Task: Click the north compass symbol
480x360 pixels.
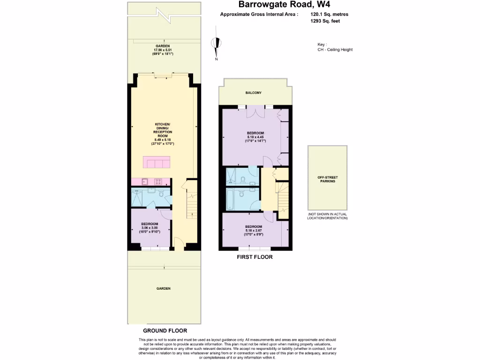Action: click(x=216, y=45)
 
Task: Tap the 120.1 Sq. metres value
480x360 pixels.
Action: click(x=329, y=15)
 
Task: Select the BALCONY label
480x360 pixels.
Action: click(x=254, y=93)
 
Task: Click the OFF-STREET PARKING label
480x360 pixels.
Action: click(x=328, y=179)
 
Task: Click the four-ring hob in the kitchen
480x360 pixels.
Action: click(x=159, y=182)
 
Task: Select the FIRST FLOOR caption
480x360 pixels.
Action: click(x=255, y=257)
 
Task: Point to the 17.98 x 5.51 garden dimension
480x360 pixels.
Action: click(x=163, y=50)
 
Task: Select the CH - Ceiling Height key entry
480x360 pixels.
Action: click(x=335, y=50)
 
